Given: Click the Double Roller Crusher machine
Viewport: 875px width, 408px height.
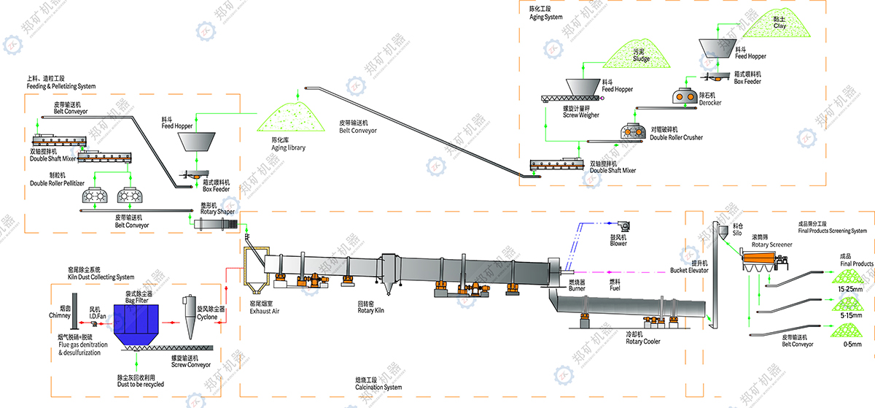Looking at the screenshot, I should click(634, 130).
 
